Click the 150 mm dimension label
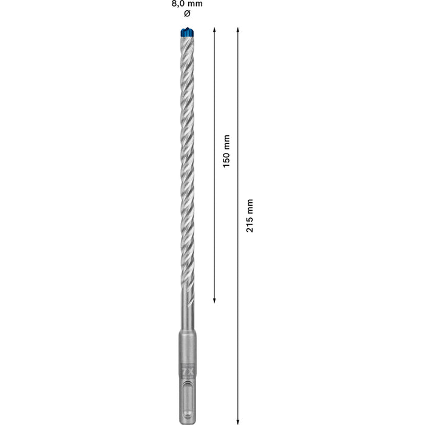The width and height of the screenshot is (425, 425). (226, 151)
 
